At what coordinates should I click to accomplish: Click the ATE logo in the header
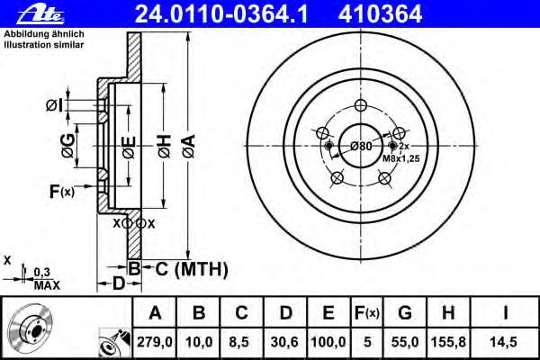40,14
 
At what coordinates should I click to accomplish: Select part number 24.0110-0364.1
221,14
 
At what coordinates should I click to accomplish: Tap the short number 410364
380,14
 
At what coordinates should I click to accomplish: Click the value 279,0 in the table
155,342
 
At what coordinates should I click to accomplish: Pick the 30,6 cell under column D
284,342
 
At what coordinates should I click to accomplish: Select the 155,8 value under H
448,342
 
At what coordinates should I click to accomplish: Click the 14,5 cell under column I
503,342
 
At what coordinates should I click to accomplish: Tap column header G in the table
405,313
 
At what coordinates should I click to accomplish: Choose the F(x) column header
367,313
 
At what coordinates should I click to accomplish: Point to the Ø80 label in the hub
361,147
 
